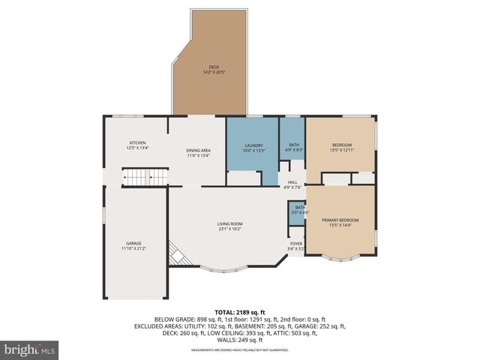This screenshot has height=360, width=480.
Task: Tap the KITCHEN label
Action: [x=137, y=142]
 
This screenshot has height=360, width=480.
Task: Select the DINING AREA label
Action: [x=198, y=151]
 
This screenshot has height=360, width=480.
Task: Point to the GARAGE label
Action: [x=133, y=242]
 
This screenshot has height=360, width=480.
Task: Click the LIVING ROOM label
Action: [x=230, y=223]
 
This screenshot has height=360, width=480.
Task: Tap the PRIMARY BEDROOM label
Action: [x=340, y=220]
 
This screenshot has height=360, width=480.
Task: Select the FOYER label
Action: [x=297, y=243]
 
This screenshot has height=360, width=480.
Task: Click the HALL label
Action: [x=292, y=182]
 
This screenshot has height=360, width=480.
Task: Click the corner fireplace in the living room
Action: [x=175, y=255]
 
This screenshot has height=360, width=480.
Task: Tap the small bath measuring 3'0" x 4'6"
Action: [x=299, y=210]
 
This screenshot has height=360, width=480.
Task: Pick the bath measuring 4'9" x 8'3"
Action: [x=293, y=148]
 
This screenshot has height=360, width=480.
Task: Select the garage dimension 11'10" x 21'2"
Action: [x=133, y=247]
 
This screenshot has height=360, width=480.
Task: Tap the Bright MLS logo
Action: [x=30, y=349]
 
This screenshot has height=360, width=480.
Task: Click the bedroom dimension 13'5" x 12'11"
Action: [x=340, y=150]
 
